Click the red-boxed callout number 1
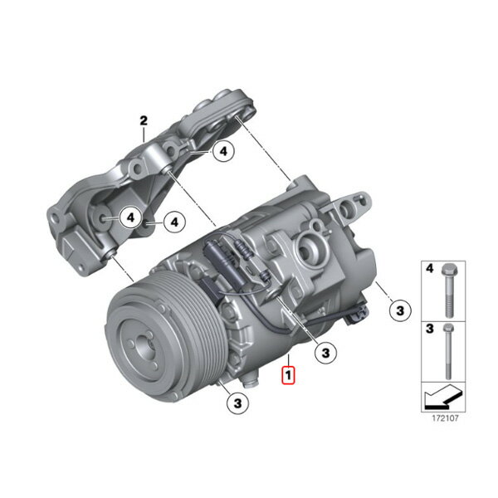[288, 375]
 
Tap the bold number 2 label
[144, 120]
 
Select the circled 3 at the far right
[400, 310]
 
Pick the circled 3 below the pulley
[237, 403]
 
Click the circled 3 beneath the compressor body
[325, 353]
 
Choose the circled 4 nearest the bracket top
[223, 151]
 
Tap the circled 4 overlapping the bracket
[130, 217]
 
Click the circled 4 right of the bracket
[174, 222]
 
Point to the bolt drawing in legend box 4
[448, 291]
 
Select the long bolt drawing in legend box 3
[448, 352]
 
